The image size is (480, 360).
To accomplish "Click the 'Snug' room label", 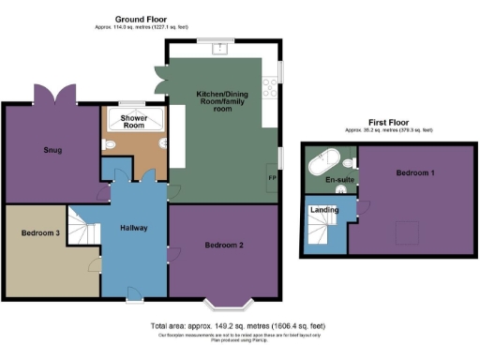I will point(52,149).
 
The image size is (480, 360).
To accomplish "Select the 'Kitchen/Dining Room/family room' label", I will point(222,101).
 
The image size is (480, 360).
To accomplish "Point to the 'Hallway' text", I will point(134,229).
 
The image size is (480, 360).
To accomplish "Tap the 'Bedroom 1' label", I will point(412,173).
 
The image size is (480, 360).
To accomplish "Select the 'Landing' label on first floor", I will point(324,210).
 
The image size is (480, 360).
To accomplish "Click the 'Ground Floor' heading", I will point(142,19).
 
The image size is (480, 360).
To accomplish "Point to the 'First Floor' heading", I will point(388,123).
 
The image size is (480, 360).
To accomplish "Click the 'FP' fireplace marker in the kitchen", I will point(272,178).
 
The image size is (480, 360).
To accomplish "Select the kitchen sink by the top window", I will point(222,49).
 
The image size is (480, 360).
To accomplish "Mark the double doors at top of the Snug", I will point(52,94).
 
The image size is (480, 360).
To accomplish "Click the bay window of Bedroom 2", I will point(230,303).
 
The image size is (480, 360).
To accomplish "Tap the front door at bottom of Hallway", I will point(134,299).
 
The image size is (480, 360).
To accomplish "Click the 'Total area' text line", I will point(238,325).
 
